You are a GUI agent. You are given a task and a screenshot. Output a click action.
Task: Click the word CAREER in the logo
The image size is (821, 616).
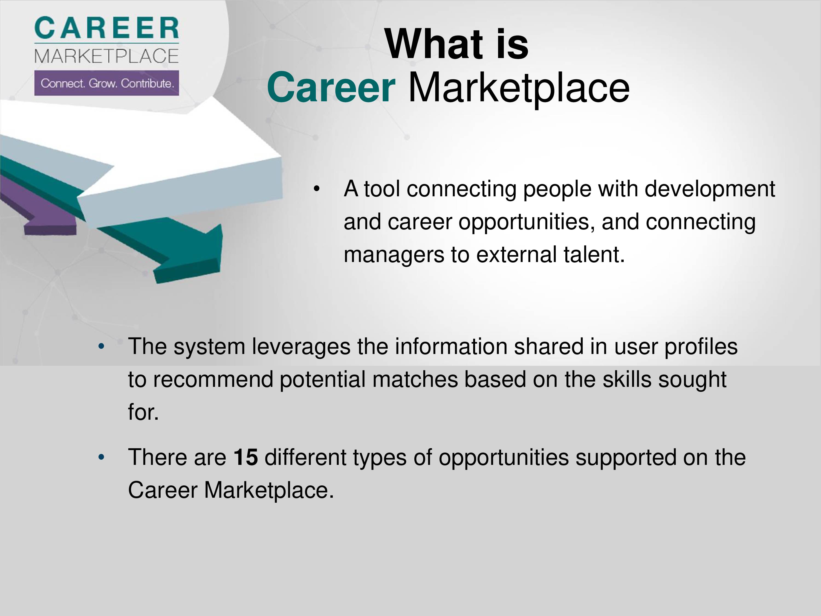pos(106,28)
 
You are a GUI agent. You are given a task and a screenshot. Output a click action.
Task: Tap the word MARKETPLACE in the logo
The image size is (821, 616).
pos(106,56)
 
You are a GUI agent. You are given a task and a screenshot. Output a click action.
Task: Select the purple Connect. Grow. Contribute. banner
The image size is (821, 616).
pos(106,83)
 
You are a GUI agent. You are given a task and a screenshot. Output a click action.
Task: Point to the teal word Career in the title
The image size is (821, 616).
pos(331,87)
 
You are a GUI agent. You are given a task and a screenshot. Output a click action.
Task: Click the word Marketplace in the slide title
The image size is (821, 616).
pos(519,89)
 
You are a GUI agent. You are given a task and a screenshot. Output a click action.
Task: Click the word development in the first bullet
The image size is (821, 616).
pos(710,189)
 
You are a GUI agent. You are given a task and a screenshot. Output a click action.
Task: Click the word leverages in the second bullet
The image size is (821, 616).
pos(301,347)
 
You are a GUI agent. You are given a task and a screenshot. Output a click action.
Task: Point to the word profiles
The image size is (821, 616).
pos(701,347)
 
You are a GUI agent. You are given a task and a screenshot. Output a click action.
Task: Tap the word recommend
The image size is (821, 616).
pos(213,379)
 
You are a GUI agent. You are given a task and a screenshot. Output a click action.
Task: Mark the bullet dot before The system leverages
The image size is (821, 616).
pos(101,347)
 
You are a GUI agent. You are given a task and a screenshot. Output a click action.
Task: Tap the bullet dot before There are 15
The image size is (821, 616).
pos(101,457)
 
